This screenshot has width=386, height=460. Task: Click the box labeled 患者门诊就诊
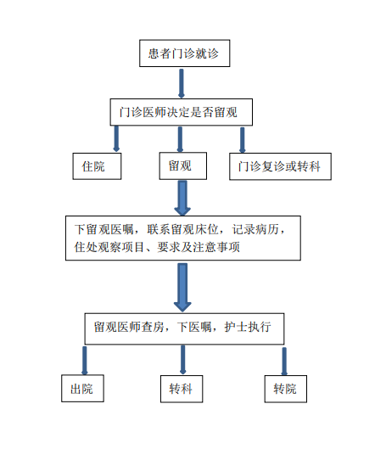(x=184, y=53)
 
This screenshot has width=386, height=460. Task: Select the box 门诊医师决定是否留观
(x=182, y=112)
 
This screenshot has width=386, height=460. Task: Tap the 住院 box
(x=97, y=166)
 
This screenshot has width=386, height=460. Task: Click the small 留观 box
(x=183, y=165)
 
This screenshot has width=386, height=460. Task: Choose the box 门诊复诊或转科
(x=281, y=166)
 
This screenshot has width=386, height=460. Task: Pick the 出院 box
(x=83, y=389)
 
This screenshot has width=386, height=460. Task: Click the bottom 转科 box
(x=182, y=389)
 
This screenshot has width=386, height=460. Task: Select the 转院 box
(x=286, y=389)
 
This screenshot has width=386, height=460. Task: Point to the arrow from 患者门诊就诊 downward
(x=182, y=83)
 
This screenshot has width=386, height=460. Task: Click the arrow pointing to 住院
(x=116, y=138)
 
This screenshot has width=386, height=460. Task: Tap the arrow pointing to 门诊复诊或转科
(x=243, y=140)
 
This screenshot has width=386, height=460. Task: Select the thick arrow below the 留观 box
(x=182, y=198)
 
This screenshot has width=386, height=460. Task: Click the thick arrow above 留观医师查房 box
(x=182, y=287)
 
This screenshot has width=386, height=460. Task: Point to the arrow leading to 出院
(x=85, y=361)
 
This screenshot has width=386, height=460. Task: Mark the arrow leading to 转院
(x=284, y=362)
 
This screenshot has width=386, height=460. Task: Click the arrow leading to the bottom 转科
(x=182, y=360)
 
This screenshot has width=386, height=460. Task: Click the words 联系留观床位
(x=183, y=229)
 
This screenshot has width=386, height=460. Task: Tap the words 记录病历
(x=255, y=229)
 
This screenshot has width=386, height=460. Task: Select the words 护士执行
(x=248, y=327)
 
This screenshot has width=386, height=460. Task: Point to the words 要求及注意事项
(x=199, y=247)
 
